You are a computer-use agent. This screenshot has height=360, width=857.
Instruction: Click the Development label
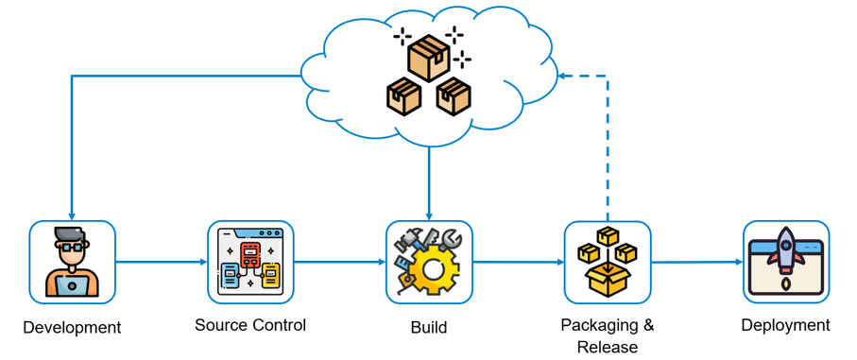click(72, 328)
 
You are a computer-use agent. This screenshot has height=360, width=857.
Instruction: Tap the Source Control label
click(250, 325)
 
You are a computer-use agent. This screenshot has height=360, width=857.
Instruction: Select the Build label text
click(429, 328)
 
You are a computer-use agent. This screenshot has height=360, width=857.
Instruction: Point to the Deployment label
click(785, 325)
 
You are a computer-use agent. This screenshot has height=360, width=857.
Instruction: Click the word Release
click(608, 347)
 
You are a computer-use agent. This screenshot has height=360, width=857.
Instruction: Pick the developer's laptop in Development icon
click(72, 284)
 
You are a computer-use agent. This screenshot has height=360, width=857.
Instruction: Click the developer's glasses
click(72, 247)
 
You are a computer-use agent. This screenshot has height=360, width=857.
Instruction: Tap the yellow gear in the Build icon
click(433, 268)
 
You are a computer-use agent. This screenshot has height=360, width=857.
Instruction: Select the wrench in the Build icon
click(451, 240)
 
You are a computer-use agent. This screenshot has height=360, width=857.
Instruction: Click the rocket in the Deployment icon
click(786, 250)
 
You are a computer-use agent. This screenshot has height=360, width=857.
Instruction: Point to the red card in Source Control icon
click(251, 255)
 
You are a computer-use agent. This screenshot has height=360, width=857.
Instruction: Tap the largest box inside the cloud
click(429, 58)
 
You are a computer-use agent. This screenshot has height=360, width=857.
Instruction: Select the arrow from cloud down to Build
click(429, 182)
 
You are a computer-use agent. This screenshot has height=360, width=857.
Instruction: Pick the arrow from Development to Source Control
click(162, 263)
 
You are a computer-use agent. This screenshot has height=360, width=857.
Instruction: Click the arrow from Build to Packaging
click(518, 263)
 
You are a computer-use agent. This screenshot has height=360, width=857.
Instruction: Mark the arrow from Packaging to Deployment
click(697, 263)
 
